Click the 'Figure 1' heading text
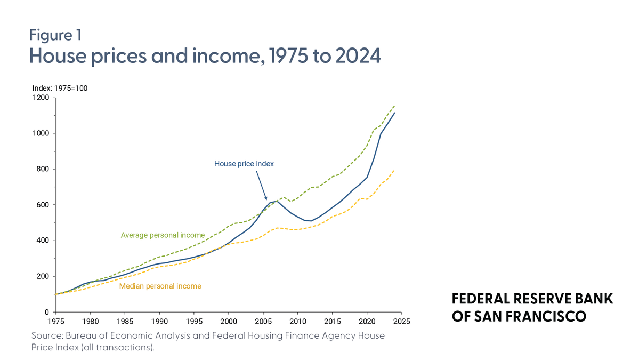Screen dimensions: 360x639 55,35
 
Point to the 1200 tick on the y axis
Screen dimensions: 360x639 41,98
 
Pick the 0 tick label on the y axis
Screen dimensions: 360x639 47,312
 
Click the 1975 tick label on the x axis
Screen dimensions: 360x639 55,322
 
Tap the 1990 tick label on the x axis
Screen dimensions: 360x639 159,322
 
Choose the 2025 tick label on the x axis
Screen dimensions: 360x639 401,322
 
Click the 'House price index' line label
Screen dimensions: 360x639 244,164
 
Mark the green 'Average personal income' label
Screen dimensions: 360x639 163,235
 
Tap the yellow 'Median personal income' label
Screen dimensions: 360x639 160,286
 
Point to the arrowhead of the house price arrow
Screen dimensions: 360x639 266,200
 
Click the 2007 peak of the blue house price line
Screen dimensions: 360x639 277,201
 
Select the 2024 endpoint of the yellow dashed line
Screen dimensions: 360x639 395,170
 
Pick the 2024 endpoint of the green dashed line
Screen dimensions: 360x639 395,105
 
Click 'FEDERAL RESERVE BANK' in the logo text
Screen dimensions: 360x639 532,299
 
